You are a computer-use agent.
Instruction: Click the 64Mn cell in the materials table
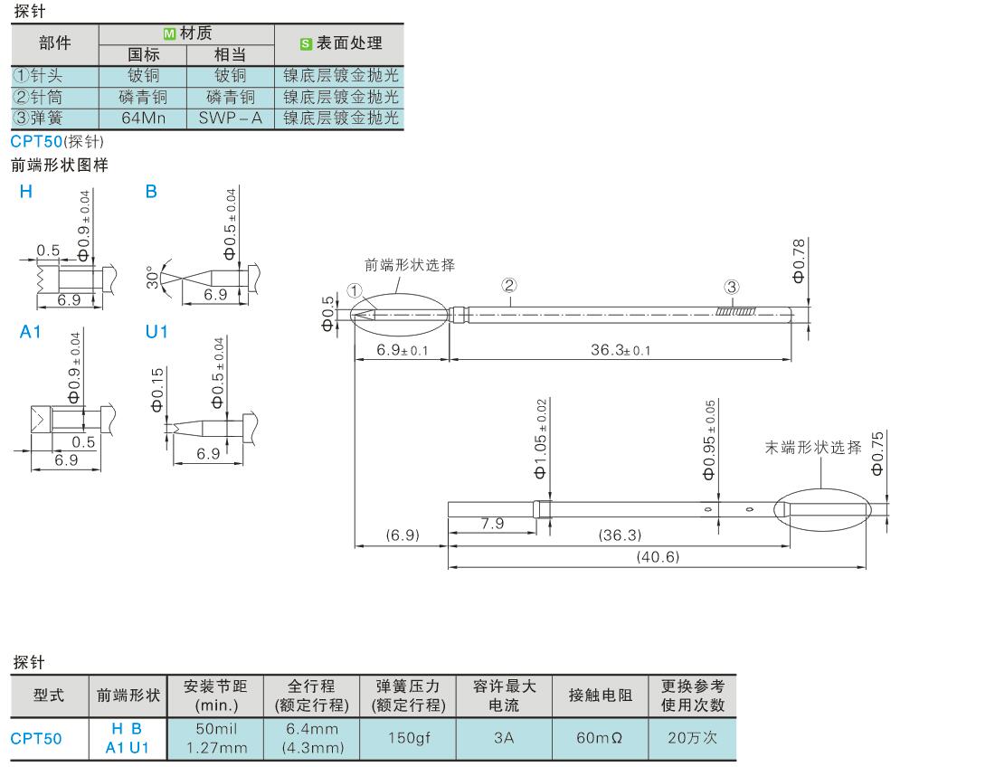click(143, 118)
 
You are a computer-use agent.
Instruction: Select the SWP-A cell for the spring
click(230, 118)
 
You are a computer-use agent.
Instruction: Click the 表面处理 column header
click(340, 43)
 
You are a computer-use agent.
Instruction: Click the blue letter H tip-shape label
click(25, 192)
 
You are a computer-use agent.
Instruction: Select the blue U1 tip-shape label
click(156, 332)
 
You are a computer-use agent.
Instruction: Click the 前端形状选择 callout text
click(409, 265)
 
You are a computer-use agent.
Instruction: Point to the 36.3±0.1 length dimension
click(620, 350)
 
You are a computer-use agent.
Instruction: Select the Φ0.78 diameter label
click(798, 260)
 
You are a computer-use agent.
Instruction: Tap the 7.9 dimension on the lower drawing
click(493, 524)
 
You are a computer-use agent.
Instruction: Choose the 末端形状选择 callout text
click(813, 448)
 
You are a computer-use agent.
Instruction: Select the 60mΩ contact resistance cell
click(599, 738)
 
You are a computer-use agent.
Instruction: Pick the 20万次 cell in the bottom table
click(692, 738)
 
